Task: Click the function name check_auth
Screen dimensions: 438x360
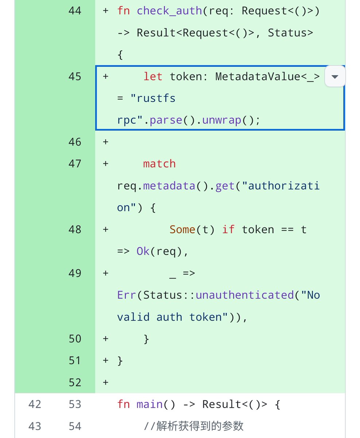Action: tap(169, 11)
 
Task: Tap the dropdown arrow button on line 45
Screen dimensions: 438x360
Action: tap(335, 77)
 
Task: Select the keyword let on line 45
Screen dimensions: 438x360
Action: tap(153, 77)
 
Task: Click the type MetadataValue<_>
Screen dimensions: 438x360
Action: tap(267, 77)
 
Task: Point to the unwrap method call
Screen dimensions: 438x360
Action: tap(222, 120)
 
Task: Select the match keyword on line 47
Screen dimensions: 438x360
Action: tap(159, 164)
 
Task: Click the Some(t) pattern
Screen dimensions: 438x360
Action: tap(192, 230)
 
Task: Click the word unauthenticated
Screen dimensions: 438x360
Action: tap(245, 295)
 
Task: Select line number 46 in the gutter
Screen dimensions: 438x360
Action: tap(75, 142)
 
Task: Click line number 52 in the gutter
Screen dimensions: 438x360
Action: tap(75, 383)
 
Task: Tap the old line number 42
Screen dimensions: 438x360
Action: tap(35, 404)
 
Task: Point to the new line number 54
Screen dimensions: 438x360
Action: tap(75, 426)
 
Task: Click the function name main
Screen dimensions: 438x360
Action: tap(150, 404)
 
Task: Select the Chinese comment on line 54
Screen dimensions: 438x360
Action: tap(193, 426)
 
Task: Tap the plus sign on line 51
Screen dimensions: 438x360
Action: tap(106, 361)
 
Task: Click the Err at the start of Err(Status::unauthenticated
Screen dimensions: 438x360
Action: tap(127, 295)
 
